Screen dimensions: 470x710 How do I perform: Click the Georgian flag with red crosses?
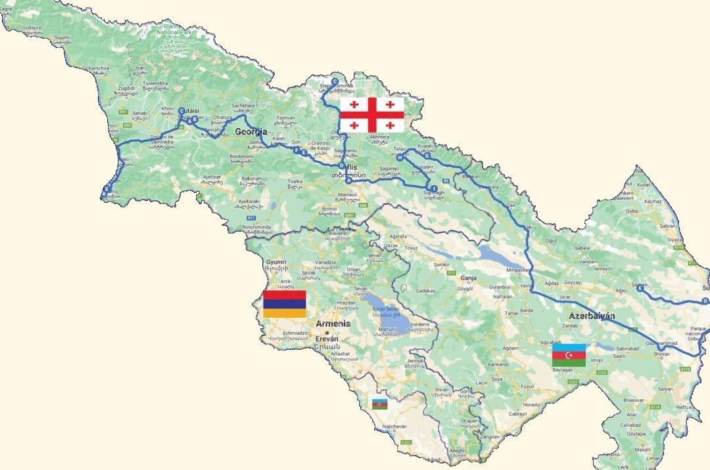(371, 115)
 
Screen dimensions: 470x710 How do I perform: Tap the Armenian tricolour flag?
(284, 304)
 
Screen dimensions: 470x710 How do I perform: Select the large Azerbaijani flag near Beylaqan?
(568, 355)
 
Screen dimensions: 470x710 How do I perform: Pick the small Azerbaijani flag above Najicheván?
(380, 404)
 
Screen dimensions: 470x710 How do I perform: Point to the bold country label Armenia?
(333, 324)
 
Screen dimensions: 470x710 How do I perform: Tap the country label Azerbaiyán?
(592, 316)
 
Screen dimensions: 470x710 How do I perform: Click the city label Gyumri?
(276, 261)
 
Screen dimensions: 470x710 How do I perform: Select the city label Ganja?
(467, 278)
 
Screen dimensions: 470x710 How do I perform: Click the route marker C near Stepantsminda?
(335, 81)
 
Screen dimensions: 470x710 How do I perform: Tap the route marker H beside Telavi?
(399, 157)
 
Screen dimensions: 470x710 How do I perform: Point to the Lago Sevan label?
(383, 309)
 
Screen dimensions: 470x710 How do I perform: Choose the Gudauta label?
(31, 29)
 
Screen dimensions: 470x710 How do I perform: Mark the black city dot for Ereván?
(327, 333)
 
